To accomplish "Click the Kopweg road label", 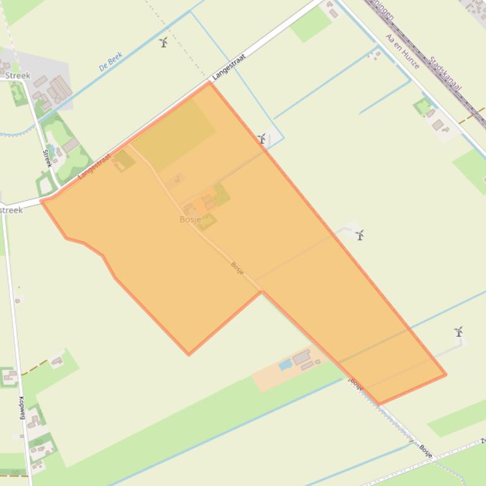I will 21,408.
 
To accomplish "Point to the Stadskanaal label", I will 446,73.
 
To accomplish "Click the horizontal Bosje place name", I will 190,220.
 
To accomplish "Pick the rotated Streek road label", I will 47,158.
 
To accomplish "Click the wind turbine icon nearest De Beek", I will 163,42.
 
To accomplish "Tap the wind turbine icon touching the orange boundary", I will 262,138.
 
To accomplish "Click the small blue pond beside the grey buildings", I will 285,364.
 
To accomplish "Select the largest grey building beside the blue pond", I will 301,357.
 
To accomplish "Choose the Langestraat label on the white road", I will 228,66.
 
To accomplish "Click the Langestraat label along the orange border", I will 95,166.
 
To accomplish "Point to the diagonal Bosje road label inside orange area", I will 237,268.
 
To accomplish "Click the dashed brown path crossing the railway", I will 472,116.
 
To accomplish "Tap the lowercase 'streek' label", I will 11,210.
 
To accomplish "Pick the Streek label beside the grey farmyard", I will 18,76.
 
